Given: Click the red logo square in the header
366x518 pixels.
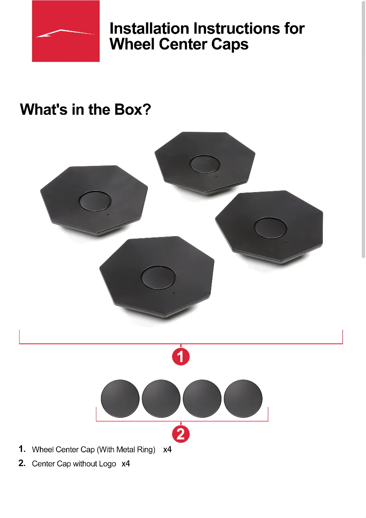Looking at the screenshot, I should click(66, 31).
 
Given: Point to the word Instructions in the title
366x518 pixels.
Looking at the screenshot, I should click(234, 29).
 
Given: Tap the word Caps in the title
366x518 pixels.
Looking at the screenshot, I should click(229, 44).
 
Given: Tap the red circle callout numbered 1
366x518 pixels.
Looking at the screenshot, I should click(181, 356).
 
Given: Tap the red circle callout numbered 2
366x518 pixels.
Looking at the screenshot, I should click(181, 434).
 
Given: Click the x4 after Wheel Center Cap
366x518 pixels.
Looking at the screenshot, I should click(167, 449).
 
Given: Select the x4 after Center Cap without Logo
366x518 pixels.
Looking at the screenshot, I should click(125, 464).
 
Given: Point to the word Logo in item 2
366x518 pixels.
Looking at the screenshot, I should click(107, 464).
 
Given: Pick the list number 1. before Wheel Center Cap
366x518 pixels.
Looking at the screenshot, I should click(22, 449).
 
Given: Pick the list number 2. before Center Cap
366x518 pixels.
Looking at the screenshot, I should click(22, 463).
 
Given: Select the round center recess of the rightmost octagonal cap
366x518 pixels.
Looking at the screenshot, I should click(270, 228).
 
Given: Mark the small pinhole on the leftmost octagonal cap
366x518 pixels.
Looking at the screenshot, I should click(108, 215).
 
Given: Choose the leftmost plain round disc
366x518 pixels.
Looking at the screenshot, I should click(120, 398).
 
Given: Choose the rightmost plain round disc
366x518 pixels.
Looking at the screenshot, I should click(243, 398).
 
